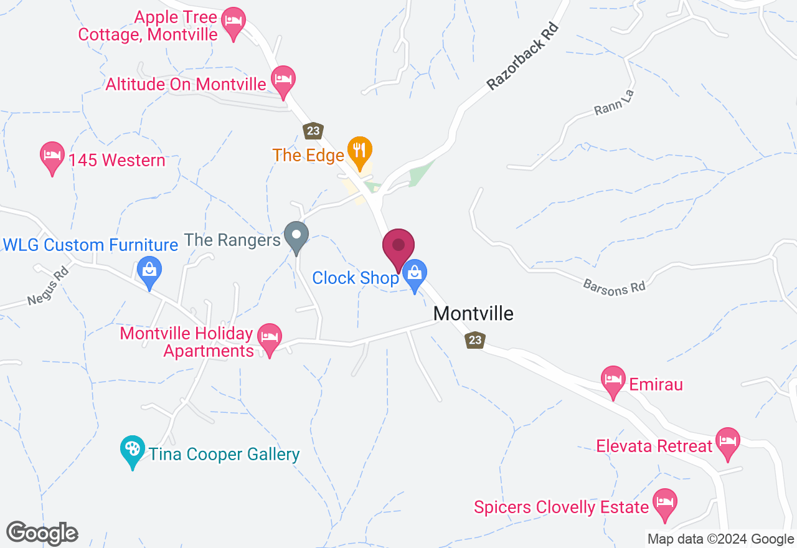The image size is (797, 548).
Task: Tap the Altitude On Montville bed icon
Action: tap(283, 80)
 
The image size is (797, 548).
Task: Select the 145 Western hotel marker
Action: tap(52, 156)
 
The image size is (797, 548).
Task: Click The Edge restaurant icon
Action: tap(359, 151)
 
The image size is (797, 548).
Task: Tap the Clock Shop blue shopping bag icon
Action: tap(414, 274)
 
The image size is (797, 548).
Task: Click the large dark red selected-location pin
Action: tap(398, 247)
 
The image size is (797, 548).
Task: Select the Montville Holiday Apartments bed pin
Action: tap(269, 338)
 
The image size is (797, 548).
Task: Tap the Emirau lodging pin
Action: tap(613, 380)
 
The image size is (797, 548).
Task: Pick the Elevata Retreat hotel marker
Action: tap(727, 442)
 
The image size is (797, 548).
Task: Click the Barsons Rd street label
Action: tap(614, 286)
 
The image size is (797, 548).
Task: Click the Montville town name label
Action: tap(473, 313)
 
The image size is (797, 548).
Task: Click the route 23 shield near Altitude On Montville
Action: tap(313, 131)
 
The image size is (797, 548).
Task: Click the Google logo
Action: tap(42, 533)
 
